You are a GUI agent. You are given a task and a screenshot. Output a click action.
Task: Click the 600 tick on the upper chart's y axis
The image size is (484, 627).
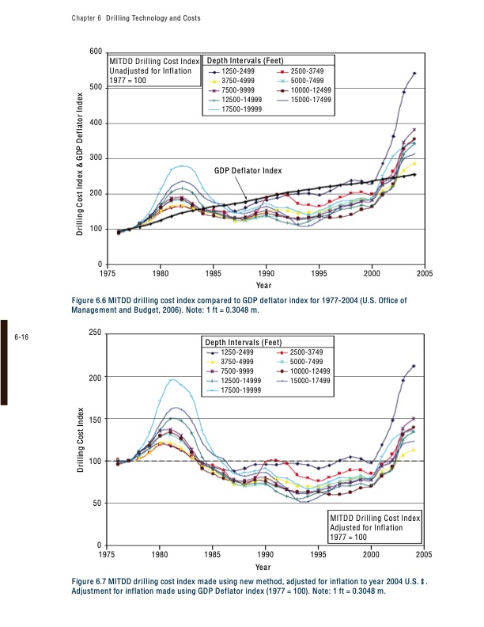(96, 52)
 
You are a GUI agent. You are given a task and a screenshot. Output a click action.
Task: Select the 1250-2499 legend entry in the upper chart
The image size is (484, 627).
(238, 71)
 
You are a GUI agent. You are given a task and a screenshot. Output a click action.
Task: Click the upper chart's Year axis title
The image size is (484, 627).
(265, 285)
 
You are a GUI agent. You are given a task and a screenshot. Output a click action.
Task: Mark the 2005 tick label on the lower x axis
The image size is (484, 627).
(423, 555)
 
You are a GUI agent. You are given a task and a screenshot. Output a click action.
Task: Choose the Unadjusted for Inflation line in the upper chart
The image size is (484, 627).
(149, 70)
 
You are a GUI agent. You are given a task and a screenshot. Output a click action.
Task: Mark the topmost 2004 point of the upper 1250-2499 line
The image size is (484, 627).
(414, 74)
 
